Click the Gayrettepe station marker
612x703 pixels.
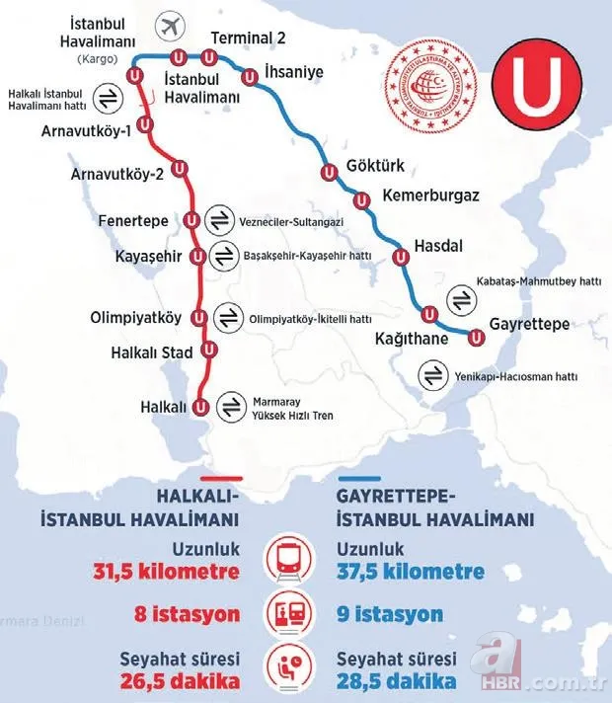477,338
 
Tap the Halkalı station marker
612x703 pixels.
200,406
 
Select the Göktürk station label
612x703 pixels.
376,166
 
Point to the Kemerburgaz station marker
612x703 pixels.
361,200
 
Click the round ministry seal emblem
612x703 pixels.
434,88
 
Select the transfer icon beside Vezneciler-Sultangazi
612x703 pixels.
222,221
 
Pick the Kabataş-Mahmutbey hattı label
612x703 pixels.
539,281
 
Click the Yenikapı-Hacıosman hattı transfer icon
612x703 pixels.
432,376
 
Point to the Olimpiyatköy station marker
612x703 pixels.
200,318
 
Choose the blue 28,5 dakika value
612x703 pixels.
397,682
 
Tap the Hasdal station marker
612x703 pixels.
401,258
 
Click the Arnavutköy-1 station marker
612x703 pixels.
146,124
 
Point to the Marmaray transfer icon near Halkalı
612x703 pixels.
230,406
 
